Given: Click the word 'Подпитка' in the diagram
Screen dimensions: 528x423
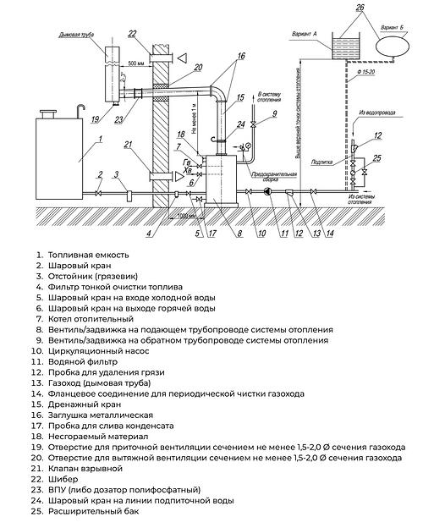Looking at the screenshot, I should (x=322, y=158).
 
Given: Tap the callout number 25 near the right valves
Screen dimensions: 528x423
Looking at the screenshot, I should (x=378, y=157).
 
